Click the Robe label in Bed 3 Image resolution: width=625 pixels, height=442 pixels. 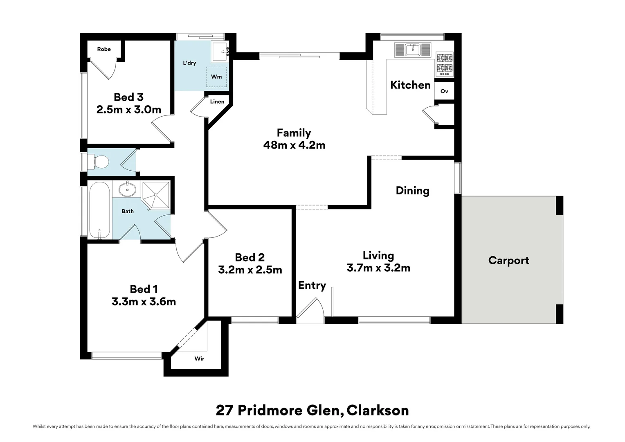104,49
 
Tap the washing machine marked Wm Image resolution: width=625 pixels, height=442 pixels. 216,77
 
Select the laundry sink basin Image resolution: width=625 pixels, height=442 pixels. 220,52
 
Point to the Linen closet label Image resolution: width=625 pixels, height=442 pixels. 217,101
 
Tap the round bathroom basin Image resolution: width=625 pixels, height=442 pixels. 128,189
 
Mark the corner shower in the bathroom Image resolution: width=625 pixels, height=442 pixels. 156,195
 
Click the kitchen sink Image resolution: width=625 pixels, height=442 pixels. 413,50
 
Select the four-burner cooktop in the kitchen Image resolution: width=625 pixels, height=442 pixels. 445,65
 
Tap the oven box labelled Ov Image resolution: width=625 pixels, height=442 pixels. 444,91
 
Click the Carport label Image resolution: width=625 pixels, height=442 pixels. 509,260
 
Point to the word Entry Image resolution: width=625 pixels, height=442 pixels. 312,285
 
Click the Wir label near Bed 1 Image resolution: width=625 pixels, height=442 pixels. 199,359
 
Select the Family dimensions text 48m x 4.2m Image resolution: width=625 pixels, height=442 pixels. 295,145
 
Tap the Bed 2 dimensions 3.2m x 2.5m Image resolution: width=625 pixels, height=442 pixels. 250,270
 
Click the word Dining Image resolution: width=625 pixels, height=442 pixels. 412,191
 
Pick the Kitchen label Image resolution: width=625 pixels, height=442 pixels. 410,85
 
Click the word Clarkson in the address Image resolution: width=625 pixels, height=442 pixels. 378,410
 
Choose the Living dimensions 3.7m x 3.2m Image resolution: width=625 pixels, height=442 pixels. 378,268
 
